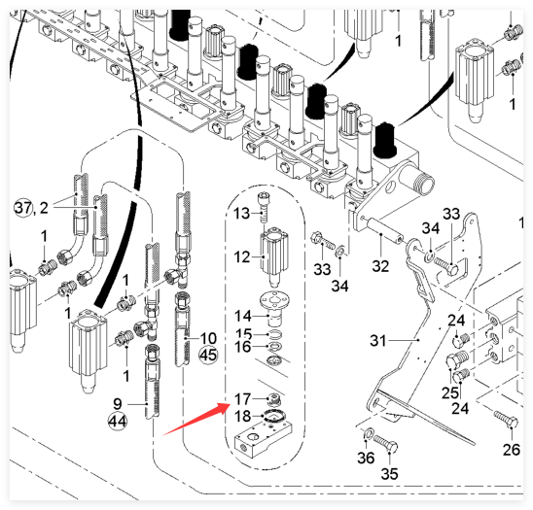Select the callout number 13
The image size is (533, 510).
[241, 214]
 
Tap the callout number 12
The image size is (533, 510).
[241, 257]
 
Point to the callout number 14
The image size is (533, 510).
[243, 316]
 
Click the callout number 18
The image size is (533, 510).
[243, 417]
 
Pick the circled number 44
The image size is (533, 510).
[118, 422]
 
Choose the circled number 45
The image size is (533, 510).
[208, 356]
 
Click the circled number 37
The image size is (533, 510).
[23, 207]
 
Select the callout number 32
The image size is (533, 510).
[380, 266]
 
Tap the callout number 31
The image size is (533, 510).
[378, 340]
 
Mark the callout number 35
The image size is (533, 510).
[389, 474]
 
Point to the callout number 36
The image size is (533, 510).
[366, 459]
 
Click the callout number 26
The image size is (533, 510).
[512, 450]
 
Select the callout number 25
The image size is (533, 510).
[450, 393]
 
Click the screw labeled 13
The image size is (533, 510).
[264, 208]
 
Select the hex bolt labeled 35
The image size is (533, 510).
[385, 444]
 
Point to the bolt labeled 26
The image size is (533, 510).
[506, 420]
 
